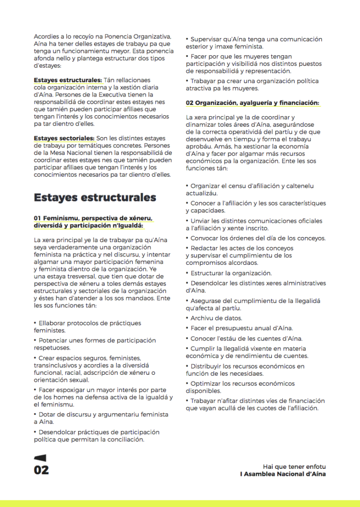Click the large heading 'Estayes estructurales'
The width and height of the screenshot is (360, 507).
tap(95, 198)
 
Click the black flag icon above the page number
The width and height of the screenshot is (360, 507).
tap(40, 458)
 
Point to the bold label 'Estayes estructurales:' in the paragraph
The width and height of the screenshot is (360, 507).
tap(68, 80)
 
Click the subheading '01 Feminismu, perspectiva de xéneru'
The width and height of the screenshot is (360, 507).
tap(93, 218)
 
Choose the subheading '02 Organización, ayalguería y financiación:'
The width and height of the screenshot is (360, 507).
tap(252, 102)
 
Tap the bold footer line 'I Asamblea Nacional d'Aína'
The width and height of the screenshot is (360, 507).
tap(282, 474)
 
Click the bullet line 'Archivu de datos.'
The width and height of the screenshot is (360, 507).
tap(216, 318)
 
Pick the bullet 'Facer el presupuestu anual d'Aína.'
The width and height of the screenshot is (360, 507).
tap(242, 328)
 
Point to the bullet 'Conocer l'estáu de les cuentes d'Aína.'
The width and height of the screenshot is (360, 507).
tap(246, 338)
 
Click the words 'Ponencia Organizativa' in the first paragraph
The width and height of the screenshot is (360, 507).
tap(137, 37)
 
